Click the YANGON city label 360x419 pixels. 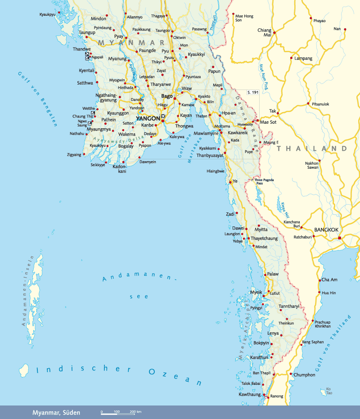[x=148, y=118]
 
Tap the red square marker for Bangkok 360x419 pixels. [x=340, y=238]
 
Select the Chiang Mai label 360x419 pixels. [x=264, y=32]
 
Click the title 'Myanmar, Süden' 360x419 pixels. [x=56, y=412]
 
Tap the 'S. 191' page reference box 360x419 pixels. [x=253, y=92]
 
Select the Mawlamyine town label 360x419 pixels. [x=206, y=133]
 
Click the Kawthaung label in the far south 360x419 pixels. [x=250, y=395]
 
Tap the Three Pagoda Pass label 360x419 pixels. [x=264, y=182]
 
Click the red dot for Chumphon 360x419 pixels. [x=292, y=374]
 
